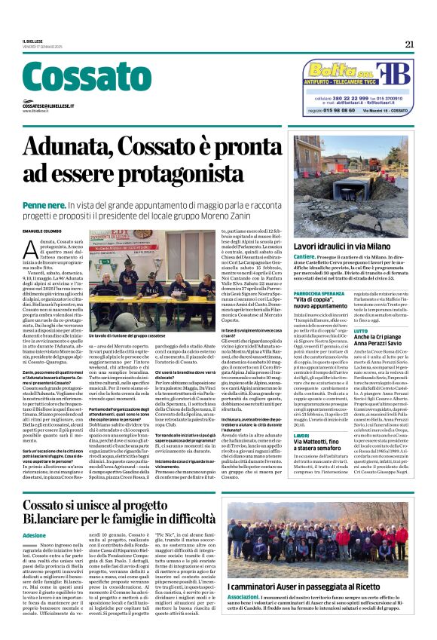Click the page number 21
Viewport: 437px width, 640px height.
[x=408, y=44]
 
